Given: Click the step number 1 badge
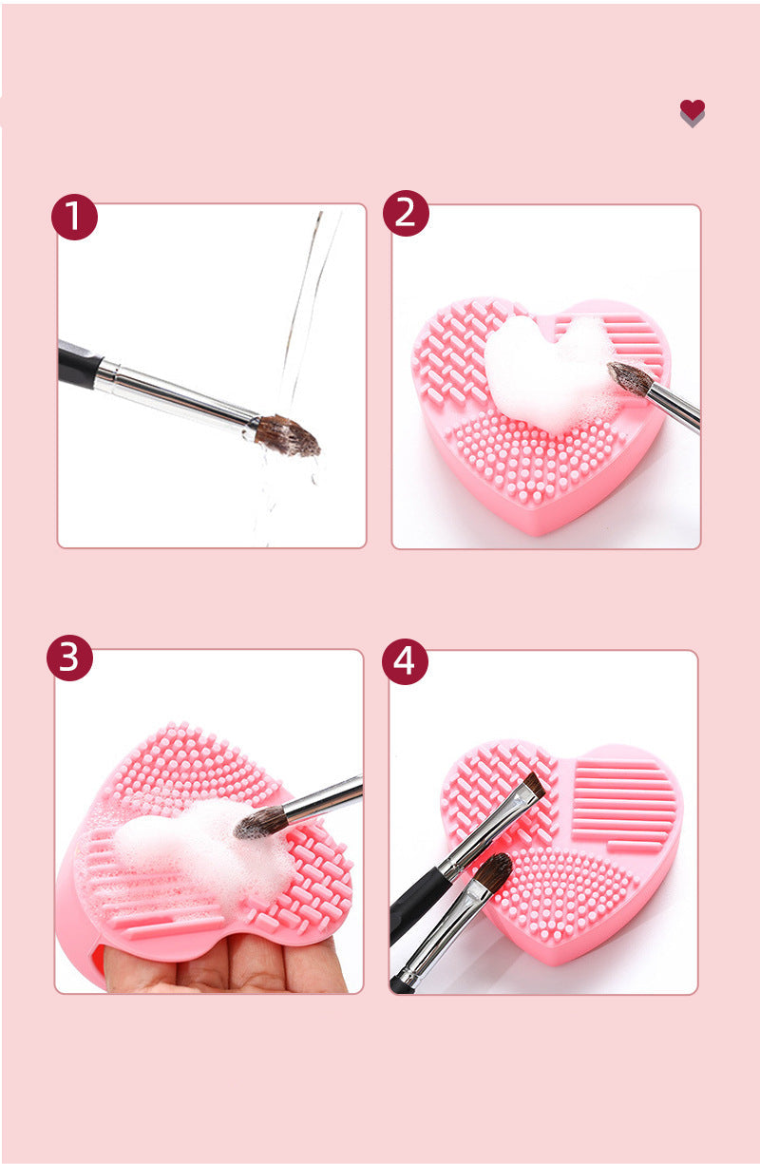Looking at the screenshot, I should [74, 217].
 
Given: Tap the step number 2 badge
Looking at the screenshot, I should [406, 213].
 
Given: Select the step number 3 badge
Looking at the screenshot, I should [69, 658].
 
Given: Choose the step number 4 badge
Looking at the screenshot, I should [405, 661].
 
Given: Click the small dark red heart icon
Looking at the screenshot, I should [693, 111].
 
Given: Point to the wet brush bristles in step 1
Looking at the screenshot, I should [288, 435].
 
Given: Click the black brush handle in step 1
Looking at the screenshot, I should [78, 363].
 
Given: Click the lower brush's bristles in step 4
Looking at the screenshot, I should [492, 872].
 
